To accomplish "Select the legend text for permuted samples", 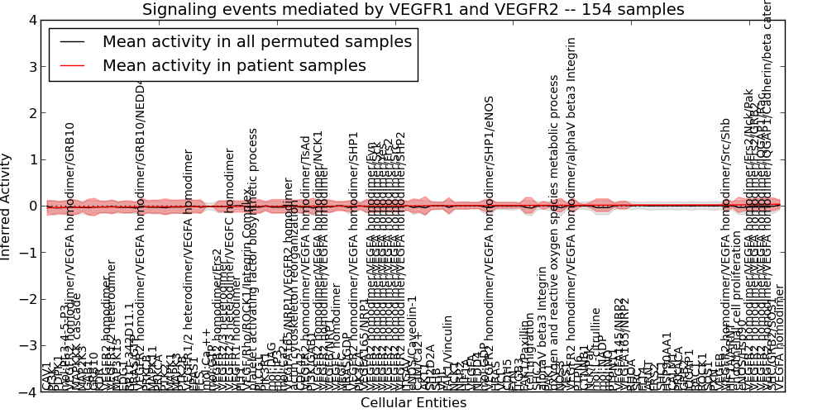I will click(x=256, y=41).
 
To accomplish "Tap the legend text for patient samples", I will click(x=234, y=65).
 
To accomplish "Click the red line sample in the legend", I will click(x=72, y=65).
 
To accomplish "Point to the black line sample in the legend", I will click(x=72, y=41).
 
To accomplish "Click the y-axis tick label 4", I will click(x=31, y=21).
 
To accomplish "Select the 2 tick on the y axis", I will click(x=31, y=113).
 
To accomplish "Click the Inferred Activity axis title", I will click(x=7, y=206).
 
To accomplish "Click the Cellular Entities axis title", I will click(x=413, y=403).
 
